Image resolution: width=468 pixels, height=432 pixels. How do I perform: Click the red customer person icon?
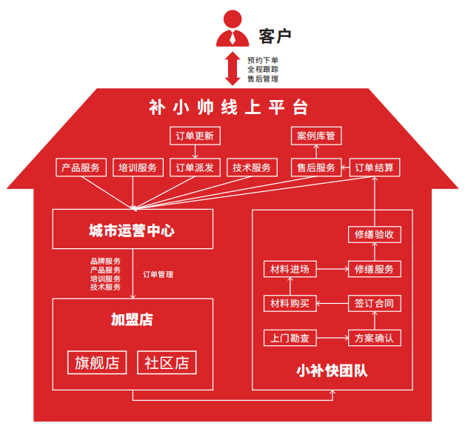pos(232,30)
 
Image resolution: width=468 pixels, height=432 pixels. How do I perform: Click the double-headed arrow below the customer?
pos(233,68)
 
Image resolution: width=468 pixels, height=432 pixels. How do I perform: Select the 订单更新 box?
pos(195,136)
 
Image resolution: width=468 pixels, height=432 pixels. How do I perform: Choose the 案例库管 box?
pos(316,136)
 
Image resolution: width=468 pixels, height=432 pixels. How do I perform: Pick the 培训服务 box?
pos(138,167)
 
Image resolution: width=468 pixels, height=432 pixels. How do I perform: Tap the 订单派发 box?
pos(195,167)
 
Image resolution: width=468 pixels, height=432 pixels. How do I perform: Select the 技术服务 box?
pos(252,167)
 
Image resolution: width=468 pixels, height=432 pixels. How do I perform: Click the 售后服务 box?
pos(316,167)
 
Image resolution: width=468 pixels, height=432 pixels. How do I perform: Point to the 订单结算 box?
pos(375,167)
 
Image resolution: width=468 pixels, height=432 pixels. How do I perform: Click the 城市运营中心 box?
pos(133,230)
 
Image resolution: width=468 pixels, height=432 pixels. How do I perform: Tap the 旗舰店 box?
pos(97,362)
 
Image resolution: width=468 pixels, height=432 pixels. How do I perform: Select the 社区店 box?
pos(167,362)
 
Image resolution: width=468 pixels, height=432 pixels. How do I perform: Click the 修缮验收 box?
pos(375,235)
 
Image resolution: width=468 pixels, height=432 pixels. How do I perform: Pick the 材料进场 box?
pos(290,268)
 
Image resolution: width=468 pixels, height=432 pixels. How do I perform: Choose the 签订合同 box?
pos(375,302)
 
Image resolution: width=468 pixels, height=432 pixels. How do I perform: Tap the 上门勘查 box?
pos(290,339)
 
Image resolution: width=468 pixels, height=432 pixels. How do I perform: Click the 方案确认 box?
pos(375,339)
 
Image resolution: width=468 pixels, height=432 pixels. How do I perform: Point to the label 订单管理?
pos(158,274)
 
